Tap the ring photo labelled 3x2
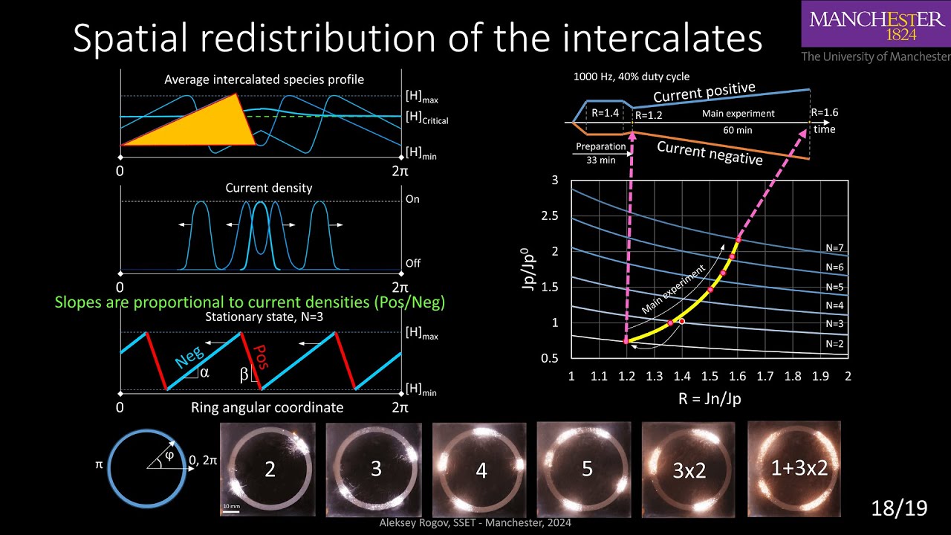pyautogui.click(x=689, y=469)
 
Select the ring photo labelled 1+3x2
pyautogui.click(x=794, y=468)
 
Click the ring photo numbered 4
pyautogui.click(x=481, y=470)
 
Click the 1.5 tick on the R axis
pyautogui.click(x=709, y=377)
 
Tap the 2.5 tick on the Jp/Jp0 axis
pyautogui.click(x=550, y=215)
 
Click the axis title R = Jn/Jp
pyautogui.click(x=709, y=399)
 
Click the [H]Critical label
pyautogui.click(x=426, y=118)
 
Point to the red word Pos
pyautogui.click(x=260, y=358)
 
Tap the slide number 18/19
pyautogui.click(x=900, y=508)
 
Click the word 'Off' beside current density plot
pyautogui.click(x=412, y=264)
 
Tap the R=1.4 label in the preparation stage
pyautogui.click(x=607, y=113)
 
